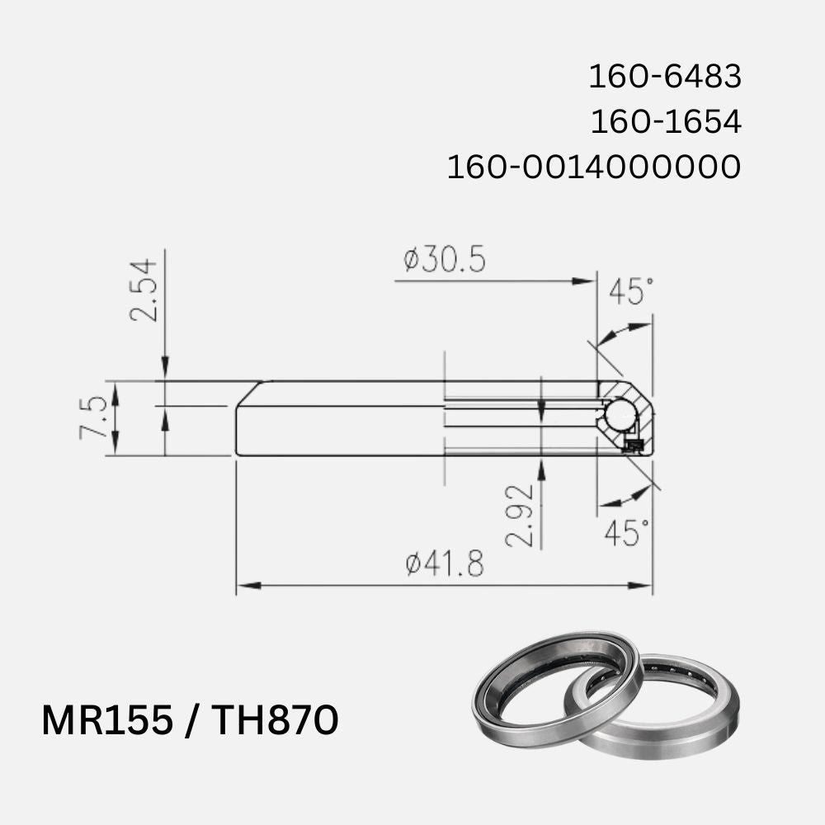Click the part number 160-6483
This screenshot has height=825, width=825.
tap(664, 78)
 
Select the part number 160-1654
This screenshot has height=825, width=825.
tap(665, 122)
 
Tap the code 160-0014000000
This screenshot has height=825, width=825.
tap(593, 167)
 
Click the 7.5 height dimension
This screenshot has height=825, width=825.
tap(93, 417)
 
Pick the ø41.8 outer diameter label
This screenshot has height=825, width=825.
tap(445, 564)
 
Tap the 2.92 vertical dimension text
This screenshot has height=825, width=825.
tap(519, 516)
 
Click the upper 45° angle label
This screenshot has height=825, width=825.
tap(631, 291)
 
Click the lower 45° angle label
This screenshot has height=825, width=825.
tap(627, 533)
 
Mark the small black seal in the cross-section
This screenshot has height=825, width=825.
tap(634, 446)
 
